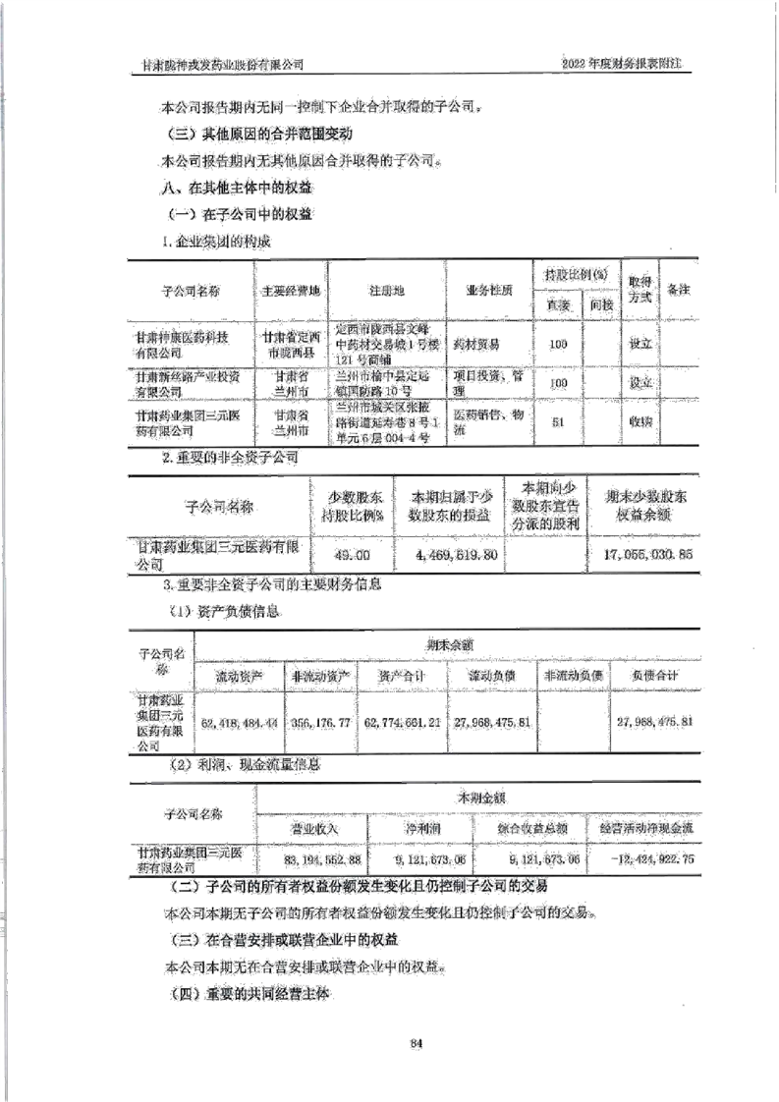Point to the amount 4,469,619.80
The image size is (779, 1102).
pyautogui.click(x=449, y=555)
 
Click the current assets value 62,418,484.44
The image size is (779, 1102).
pyautogui.click(x=239, y=723)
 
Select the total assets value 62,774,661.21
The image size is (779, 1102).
pyautogui.click(x=402, y=723)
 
